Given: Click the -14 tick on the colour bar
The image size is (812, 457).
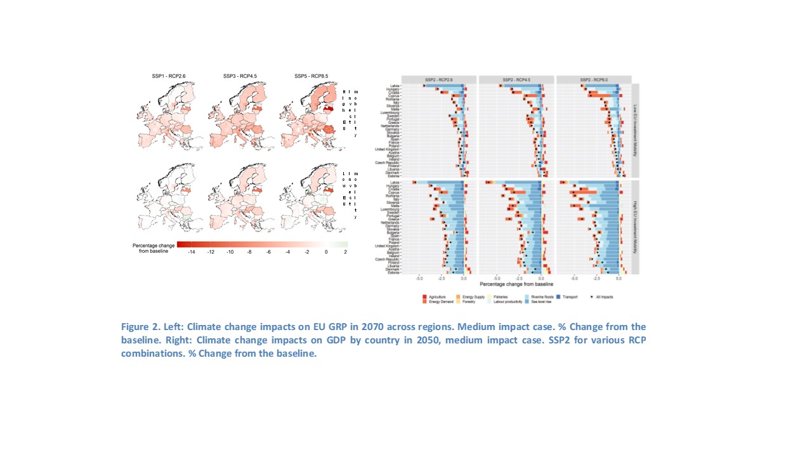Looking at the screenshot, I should pyautogui.click(x=192, y=252).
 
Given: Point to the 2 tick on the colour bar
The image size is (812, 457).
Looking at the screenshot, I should pyautogui.click(x=345, y=252).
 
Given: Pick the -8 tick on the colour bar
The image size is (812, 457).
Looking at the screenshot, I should pyautogui.click(x=249, y=252).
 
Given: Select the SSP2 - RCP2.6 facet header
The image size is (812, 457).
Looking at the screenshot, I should pyautogui.click(x=439, y=79).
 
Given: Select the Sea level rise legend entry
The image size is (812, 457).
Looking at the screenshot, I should pyautogui.click(x=541, y=301).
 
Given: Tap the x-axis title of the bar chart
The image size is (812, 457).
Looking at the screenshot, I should pyautogui.click(x=516, y=284).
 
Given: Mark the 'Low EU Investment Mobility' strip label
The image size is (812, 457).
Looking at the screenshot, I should pyautogui.click(x=635, y=131).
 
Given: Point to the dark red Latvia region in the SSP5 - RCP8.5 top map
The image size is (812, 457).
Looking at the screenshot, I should pyautogui.click(x=328, y=109).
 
